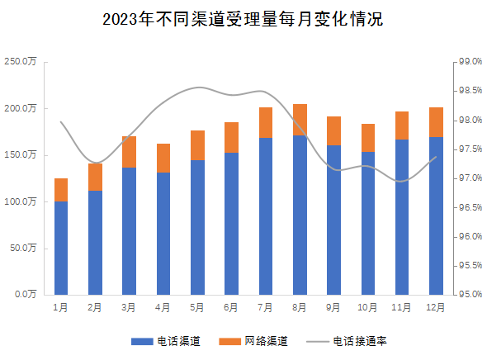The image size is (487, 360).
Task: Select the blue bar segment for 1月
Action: (x=60, y=248)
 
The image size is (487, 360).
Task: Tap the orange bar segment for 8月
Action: (x=300, y=120)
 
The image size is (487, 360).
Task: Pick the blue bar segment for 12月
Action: (x=436, y=216)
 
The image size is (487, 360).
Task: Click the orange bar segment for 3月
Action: (x=129, y=152)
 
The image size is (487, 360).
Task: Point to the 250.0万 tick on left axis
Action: (x=20, y=62)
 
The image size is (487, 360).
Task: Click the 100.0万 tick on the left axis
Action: (x=20, y=201)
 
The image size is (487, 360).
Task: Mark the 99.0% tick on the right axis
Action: (x=469, y=62)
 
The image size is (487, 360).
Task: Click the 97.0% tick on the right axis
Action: (x=469, y=178)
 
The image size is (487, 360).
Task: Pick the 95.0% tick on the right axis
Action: (x=469, y=294)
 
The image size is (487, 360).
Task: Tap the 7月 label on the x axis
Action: (x=265, y=307)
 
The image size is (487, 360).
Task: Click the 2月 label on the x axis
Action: (x=95, y=307)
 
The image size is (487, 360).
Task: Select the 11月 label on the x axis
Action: (x=401, y=307)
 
